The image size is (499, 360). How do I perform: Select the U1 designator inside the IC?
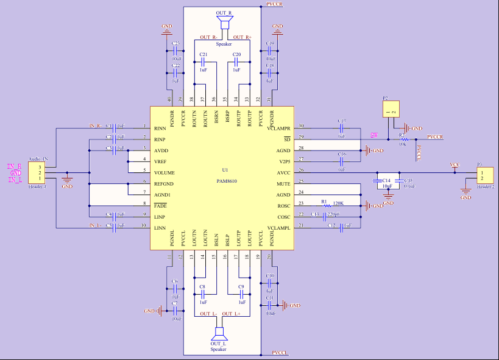[x=225, y=170]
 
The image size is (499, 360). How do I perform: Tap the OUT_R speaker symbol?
[x=225, y=22]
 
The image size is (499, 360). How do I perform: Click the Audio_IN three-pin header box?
[x=36, y=172]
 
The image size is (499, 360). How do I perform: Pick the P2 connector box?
[x=391, y=110]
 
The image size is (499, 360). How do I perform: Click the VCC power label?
[x=455, y=164]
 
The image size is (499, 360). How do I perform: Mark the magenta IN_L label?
[x=15, y=180]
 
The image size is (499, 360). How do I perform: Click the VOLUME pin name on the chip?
[x=165, y=172]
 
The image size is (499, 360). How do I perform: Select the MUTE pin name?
[x=283, y=183]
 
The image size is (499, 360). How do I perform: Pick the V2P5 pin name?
[x=283, y=161]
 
